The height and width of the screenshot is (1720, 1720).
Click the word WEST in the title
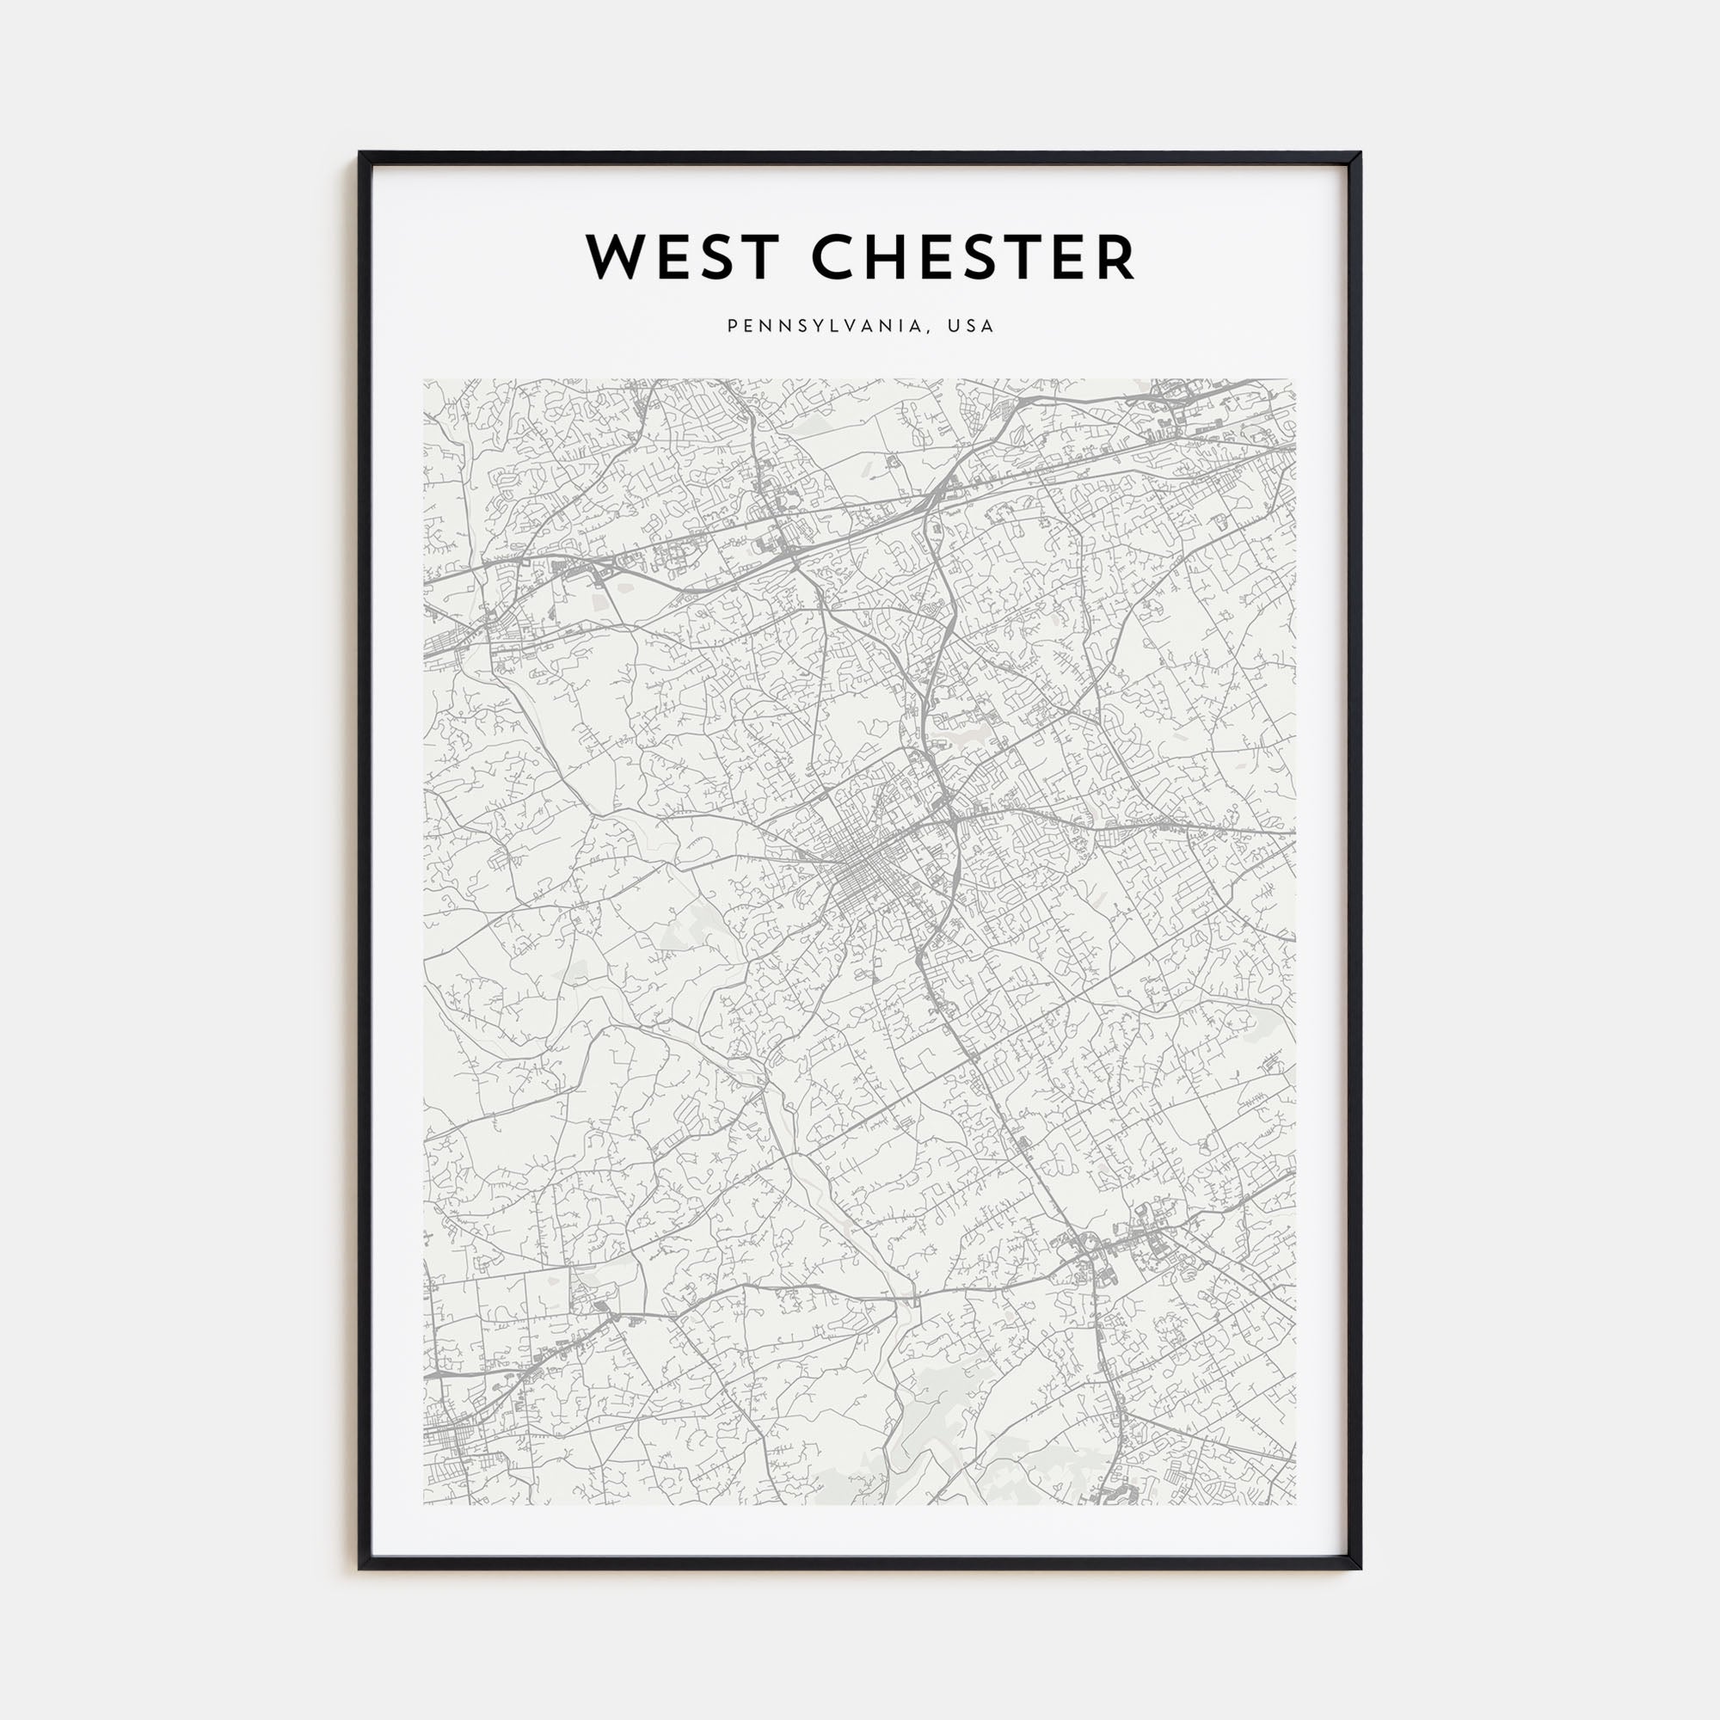pos(682,257)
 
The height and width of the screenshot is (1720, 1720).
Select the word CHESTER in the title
pos(973,257)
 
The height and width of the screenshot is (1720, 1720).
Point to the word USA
pos(970,327)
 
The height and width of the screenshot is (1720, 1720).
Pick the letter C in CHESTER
pos(834,257)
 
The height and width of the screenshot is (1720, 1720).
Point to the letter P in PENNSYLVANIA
pos(733,327)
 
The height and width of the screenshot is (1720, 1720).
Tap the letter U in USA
pos(953,327)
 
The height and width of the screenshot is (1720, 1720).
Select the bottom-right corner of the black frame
pos(1360,1568)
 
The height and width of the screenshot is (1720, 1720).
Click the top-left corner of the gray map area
pos(424,380)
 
